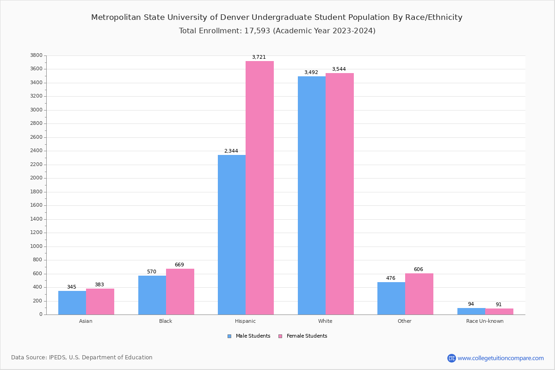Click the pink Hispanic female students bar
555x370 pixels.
coord(259,188)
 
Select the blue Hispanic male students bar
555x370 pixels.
coord(232,234)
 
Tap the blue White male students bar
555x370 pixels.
coord(311,195)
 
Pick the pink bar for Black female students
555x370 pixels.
coord(180,291)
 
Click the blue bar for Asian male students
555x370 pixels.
coord(72,302)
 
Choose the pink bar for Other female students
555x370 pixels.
coord(419,294)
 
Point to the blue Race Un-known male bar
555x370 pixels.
coord(471,311)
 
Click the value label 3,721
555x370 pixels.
coord(259,57)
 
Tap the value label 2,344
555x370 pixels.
coord(231,151)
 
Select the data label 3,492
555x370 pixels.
coord(311,73)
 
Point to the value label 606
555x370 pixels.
coord(418,270)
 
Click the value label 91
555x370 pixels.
coord(499,305)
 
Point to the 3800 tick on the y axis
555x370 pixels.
coord(36,55)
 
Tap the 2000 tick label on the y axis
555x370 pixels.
coord(36,178)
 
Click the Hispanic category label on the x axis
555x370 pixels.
coord(245,321)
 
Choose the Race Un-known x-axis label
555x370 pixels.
coord(485,321)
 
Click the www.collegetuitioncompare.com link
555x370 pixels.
coord(500,358)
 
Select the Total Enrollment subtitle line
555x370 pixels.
coord(277,31)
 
